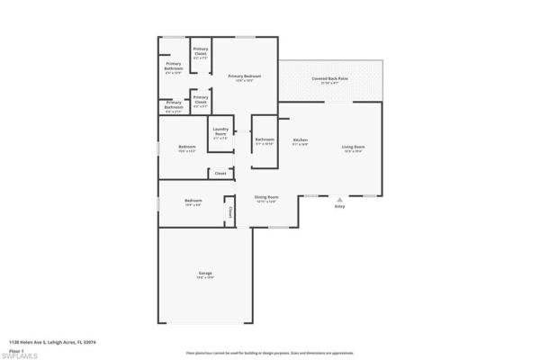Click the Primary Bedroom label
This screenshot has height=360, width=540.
244,77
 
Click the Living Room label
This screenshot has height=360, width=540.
353,148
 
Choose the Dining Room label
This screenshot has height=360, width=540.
265,198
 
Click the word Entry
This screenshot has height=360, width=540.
339,207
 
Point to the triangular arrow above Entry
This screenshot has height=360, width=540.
339,199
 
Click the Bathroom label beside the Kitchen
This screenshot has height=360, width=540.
264,140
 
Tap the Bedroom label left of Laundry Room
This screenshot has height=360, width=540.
187,148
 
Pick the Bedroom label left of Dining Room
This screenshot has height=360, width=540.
193,202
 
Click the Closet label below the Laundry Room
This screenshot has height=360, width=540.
220,173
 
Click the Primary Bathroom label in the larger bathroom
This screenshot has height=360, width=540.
174,67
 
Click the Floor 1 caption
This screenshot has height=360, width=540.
17,348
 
